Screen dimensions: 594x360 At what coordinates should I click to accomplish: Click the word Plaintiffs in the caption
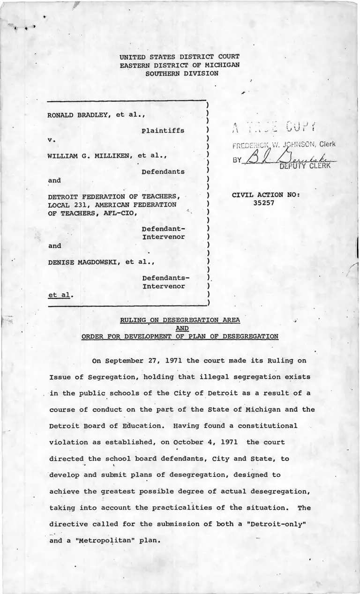[163, 131]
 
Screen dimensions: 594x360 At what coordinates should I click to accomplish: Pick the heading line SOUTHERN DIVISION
[181, 74]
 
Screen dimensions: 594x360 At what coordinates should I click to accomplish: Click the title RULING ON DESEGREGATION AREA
[180, 320]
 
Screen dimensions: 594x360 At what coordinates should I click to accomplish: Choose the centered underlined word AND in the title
[180, 328]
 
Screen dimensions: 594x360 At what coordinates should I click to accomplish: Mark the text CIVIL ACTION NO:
[266, 195]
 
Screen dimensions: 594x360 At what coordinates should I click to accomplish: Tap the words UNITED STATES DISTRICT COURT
[180, 57]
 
